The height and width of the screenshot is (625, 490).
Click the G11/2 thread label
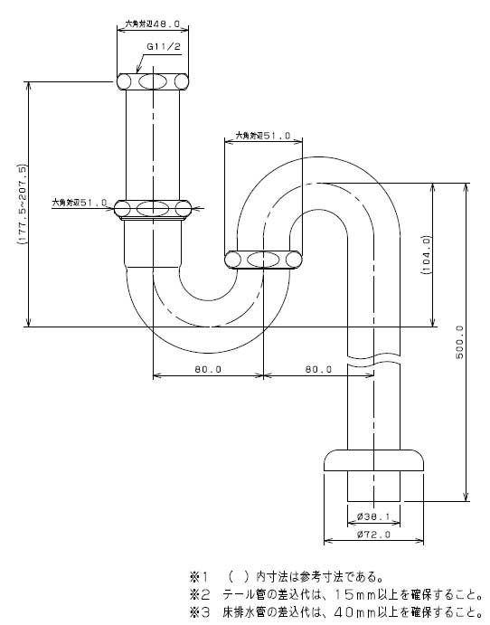coord(164,46)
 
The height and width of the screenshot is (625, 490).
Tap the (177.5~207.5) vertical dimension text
coord(22,204)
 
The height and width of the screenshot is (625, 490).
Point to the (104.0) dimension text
coord(426,254)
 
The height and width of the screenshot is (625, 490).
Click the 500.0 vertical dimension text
coord(459,342)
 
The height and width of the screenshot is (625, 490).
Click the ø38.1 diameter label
coord(372,517)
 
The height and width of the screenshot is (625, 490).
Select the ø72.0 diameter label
coord(373,535)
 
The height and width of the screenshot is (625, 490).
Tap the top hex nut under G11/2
coord(153,81)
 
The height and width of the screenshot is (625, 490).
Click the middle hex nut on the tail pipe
coord(153,208)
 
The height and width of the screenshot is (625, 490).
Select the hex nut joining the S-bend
coord(263,260)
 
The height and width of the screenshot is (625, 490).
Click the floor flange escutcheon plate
coord(373,460)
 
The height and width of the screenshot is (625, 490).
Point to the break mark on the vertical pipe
coord(373,360)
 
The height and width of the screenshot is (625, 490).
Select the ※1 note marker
coord(199,576)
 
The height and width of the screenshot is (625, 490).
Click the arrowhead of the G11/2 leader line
coord(137,71)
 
